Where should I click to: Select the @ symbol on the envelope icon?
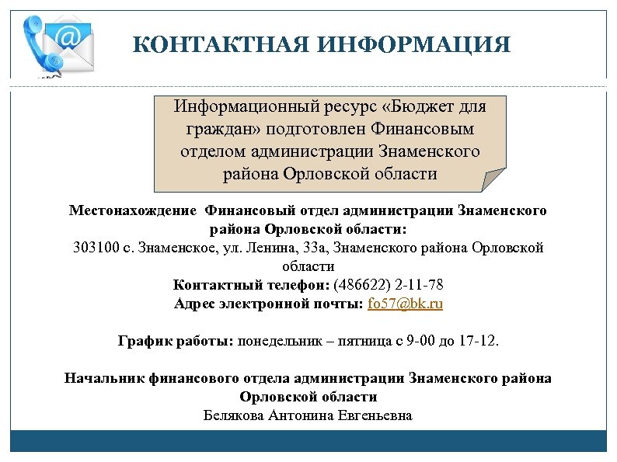[68, 36]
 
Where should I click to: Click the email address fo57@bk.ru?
[405, 304]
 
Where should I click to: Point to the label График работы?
[175, 341]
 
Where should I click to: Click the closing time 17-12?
[481, 341]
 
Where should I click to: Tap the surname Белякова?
[232, 415]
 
